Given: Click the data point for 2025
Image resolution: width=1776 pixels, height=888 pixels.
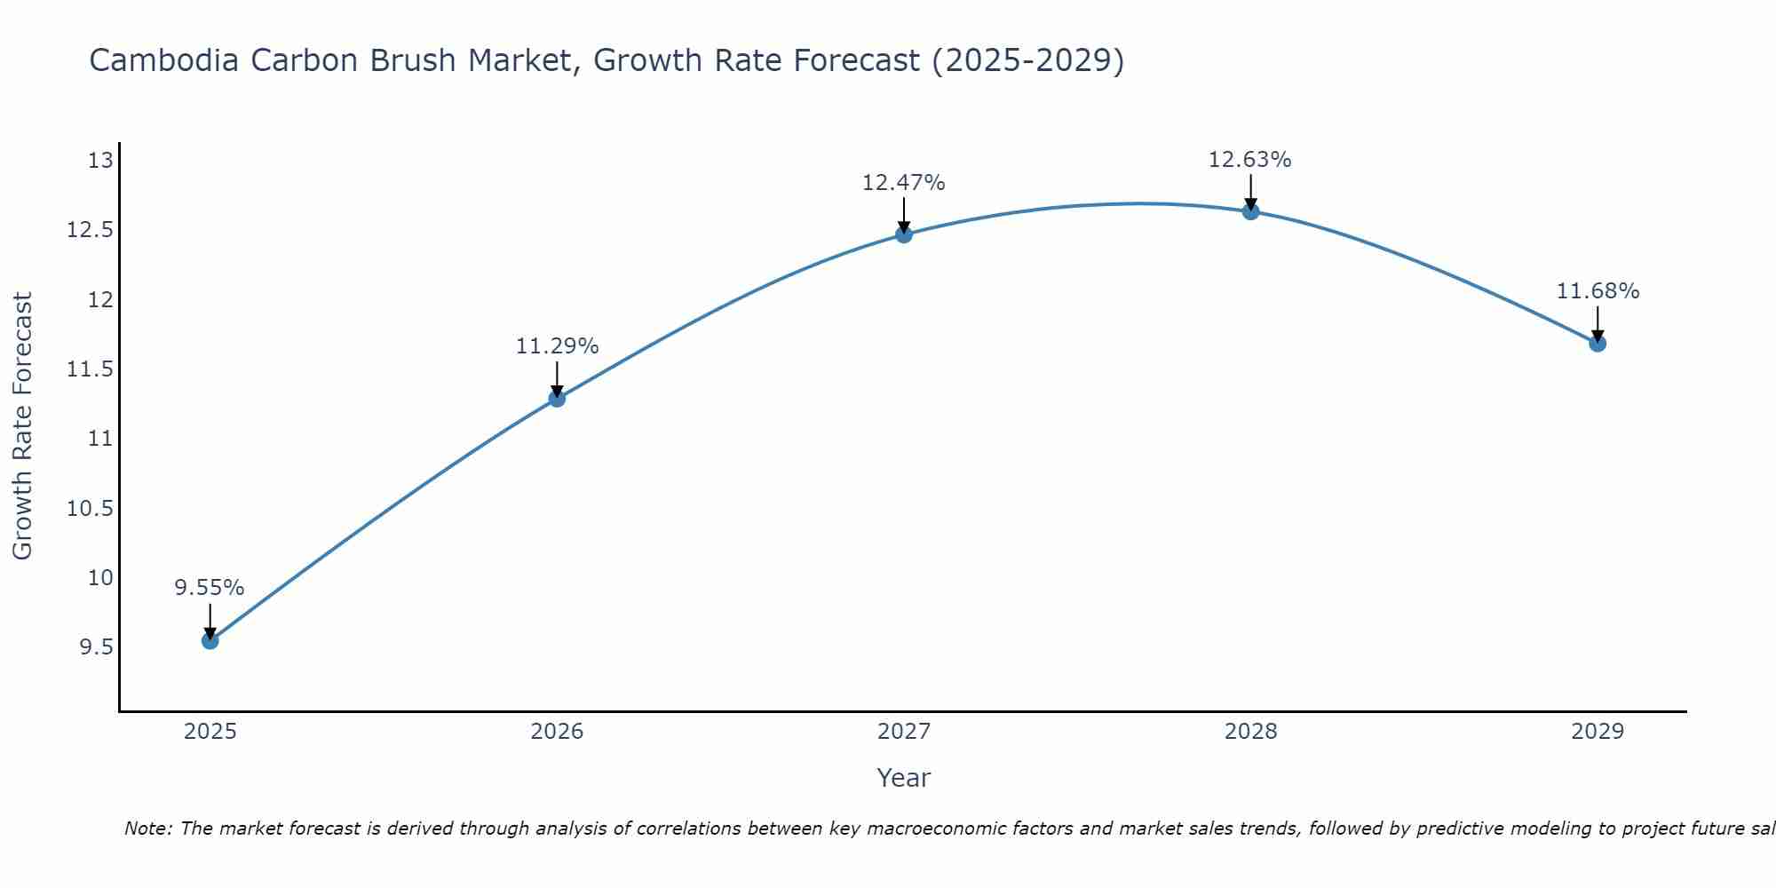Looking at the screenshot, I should [x=210, y=640].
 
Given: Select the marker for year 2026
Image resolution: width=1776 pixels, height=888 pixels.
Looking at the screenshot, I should [x=557, y=398].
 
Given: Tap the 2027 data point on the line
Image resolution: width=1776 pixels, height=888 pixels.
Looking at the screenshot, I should [x=904, y=234].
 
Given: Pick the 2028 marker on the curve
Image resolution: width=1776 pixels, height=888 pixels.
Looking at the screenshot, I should [x=1250, y=211].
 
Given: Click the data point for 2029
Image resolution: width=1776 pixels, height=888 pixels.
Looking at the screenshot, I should [x=1598, y=343].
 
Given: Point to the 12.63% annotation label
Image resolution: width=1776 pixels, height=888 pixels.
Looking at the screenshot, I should [x=1249, y=160].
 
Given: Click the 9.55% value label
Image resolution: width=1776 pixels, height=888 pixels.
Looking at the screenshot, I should [x=209, y=588].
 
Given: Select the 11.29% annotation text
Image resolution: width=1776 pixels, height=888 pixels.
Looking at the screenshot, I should [x=557, y=346].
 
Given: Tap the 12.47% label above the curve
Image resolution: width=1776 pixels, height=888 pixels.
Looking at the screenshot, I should [x=903, y=183].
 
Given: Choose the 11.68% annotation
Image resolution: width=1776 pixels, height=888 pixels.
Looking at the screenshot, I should [x=1598, y=291].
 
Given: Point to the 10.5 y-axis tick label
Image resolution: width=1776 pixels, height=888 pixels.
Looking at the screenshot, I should [x=91, y=509].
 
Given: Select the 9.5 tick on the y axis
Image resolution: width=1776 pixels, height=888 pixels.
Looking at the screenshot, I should [x=96, y=647].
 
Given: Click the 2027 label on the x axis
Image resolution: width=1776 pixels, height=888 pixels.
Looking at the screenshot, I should [x=904, y=732].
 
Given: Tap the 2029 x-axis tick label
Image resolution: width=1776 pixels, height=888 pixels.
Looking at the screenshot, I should [x=1598, y=732].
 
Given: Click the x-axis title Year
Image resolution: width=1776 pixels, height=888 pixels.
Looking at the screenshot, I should [x=903, y=778].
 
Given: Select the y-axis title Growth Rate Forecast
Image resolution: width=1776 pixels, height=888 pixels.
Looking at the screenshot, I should [x=22, y=425].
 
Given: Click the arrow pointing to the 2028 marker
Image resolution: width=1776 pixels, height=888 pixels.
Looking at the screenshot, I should [x=1250, y=190].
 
